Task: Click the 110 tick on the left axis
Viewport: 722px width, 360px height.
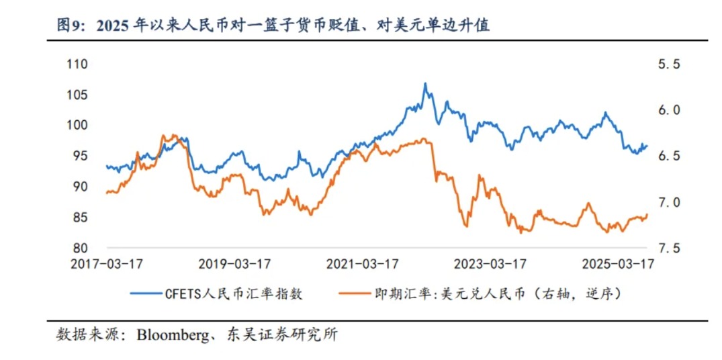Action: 78,64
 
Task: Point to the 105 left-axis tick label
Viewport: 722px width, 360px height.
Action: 78,95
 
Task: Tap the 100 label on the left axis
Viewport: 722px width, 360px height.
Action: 78,126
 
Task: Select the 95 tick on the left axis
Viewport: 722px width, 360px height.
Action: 81,156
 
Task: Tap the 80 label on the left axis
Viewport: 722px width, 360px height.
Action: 81,248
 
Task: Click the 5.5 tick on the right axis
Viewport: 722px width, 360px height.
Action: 669,64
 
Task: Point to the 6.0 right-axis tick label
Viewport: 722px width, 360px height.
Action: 669,110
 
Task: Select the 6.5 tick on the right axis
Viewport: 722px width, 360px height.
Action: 669,156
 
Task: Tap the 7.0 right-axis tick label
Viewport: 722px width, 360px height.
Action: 669,202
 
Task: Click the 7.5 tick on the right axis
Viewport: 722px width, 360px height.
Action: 669,248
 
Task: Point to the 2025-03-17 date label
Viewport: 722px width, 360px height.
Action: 618,264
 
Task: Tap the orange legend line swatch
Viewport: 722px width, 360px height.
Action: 352,294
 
